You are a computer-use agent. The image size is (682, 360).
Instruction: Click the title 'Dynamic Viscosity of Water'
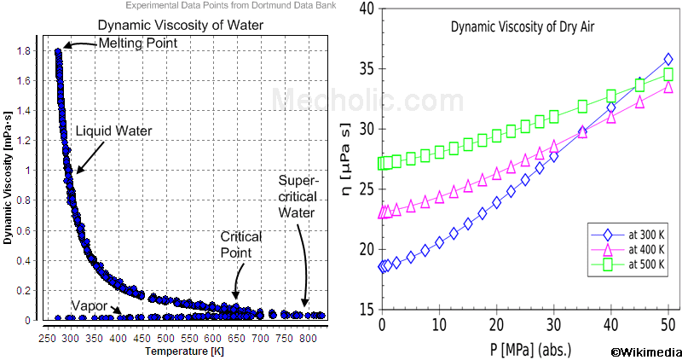click(170, 25)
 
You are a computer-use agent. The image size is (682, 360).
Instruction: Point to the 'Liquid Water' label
click(113, 131)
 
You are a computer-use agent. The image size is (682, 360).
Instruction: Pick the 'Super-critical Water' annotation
click(298, 196)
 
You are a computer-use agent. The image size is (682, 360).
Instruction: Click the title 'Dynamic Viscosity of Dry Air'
click(522, 27)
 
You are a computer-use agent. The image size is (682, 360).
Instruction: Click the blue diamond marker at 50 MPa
click(668, 60)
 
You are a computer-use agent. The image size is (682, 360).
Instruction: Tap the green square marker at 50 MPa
click(668, 75)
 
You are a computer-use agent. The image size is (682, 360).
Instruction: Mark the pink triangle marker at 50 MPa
click(668, 87)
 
